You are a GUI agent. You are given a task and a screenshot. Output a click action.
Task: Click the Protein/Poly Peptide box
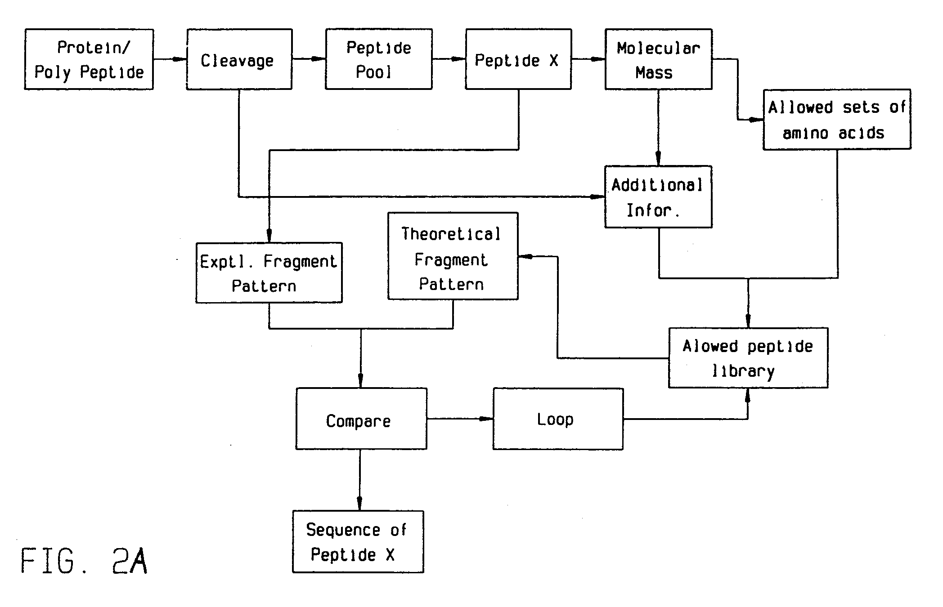89,59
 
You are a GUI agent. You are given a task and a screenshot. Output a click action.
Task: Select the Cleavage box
239,59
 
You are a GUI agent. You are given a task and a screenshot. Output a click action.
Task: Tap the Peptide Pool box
378,59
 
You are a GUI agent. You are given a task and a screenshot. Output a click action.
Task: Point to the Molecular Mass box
658,59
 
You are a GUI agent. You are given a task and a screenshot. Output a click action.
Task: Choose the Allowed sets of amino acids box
836,120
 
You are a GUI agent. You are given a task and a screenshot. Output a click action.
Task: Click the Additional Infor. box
658,197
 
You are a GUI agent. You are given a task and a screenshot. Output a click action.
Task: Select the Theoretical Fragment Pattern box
453,256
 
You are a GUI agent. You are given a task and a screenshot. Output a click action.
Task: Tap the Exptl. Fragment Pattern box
269,273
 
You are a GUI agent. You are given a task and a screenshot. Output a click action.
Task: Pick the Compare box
361,419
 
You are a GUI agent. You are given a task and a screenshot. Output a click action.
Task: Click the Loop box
557,419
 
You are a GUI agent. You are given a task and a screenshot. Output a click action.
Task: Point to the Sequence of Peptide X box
358,542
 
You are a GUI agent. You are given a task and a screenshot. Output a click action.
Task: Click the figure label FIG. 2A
84,561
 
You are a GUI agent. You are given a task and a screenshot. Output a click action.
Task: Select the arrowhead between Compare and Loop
486,419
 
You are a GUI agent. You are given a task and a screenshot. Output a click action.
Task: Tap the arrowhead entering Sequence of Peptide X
359,502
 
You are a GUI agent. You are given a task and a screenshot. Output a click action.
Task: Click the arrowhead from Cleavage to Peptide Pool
318,59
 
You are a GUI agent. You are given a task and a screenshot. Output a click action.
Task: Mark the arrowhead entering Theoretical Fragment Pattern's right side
525,257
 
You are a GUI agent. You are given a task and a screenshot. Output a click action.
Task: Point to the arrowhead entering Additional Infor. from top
658,158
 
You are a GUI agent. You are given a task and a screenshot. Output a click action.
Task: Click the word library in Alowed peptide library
743,371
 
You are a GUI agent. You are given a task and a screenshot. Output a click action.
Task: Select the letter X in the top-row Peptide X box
554,60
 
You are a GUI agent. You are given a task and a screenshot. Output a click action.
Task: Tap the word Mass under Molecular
654,73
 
